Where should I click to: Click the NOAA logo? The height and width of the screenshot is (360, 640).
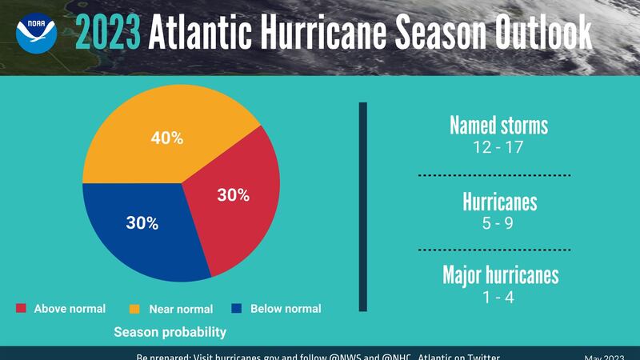click(x=36, y=34)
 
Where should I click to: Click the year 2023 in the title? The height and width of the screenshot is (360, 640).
click(x=108, y=34)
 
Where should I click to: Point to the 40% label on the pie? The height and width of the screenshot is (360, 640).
click(x=167, y=138)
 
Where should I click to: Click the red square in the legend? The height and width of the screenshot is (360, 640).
click(x=22, y=308)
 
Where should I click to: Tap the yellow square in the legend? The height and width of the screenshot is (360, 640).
click(x=134, y=309)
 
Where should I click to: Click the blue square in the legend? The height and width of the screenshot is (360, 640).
click(x=236, y=308)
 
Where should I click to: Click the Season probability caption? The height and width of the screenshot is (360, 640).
click(x=170, y=331)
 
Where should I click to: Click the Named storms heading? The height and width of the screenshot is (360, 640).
click(x=498, y=126)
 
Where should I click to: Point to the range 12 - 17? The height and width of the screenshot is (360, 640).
click(x=498, y=147)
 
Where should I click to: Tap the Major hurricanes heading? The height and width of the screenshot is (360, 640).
click(x=500, y=276)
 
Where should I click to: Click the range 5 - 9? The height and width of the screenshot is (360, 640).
click(x=499, y=222)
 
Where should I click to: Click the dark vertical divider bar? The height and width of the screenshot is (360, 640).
click(x=362, y=206)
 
